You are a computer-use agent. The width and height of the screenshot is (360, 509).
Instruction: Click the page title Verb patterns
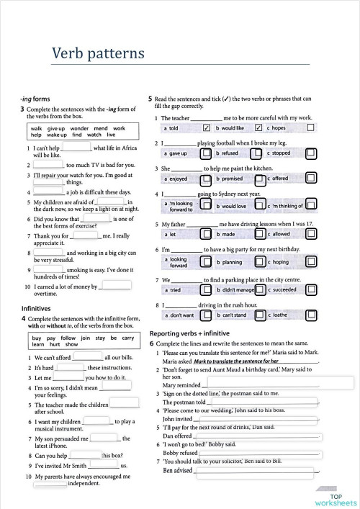point(98,54)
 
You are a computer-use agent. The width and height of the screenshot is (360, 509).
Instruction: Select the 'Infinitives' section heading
point(35,308)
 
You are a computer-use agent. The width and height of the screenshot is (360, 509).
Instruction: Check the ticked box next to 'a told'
point(206,128)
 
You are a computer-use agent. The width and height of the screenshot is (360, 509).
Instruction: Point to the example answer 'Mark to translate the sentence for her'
point(235,361)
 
